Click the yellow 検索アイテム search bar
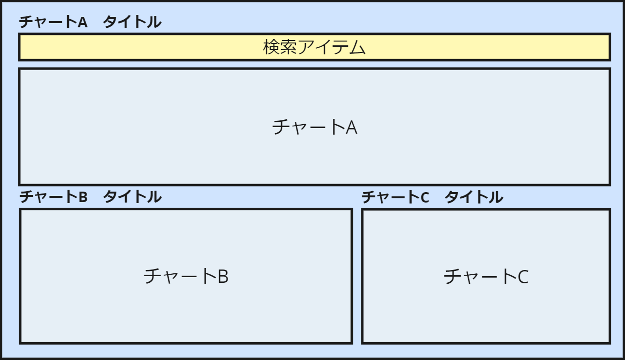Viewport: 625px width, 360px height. tap(150, 47)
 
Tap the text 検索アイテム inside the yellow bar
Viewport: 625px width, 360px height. tap(314, 47)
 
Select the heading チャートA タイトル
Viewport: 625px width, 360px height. tap(90, 22)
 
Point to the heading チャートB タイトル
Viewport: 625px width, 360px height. tap(90, 197)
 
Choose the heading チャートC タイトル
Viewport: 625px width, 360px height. tap(432, 197)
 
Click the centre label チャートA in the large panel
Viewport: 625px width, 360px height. tap(314, 127)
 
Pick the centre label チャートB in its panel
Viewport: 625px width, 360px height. tap(186, 276)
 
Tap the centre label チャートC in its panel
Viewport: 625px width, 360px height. tap(486, 276)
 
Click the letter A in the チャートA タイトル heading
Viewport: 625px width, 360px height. tap(82, 22)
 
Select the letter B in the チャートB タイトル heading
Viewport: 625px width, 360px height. tap(83, 197)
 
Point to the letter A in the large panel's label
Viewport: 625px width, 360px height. tap(352, 127)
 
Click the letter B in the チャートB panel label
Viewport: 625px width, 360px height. tap(223, 276)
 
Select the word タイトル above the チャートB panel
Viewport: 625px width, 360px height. tap(132, 197)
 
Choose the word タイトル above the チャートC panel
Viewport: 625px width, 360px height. tap(474, 197)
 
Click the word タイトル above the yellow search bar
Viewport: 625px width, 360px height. tap(132, 22)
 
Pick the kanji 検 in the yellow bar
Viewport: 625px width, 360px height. tap(271, 47)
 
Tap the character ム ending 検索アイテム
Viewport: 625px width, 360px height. tap(358, 48)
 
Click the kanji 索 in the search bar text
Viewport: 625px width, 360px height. tap(288, 47)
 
